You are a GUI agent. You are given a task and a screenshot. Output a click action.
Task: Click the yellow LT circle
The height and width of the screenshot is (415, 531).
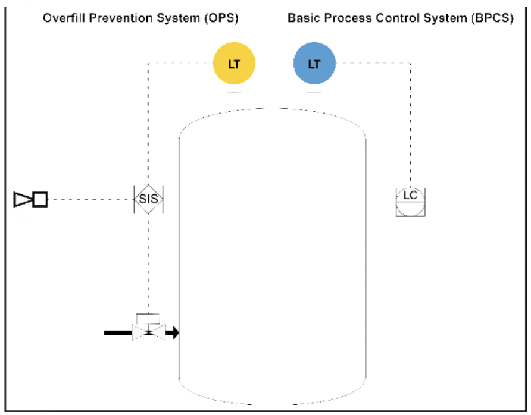[x=234, y=63]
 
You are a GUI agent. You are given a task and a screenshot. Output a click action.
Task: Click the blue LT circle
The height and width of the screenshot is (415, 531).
[x=314, y=63]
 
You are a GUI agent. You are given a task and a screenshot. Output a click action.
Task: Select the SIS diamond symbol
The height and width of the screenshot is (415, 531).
[x=148, y=199]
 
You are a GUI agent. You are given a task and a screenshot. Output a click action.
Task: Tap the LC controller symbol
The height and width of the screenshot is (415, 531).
[x=410, y=202]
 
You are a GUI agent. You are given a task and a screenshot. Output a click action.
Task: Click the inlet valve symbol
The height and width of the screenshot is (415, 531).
[x=149, y=332]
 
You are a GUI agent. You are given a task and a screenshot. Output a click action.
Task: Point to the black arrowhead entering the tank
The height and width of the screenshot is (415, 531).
[x=173, y=332]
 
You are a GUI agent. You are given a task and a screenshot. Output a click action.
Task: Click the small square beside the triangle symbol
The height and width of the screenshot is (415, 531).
[x=40, y=199]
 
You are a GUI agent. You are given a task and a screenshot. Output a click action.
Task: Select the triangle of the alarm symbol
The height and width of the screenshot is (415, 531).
[x=23, y=199]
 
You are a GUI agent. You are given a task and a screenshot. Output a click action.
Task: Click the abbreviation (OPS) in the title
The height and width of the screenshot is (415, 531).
[x=221, y=18]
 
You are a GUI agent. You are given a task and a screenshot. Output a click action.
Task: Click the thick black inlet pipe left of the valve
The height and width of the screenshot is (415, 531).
[x=118, y=333]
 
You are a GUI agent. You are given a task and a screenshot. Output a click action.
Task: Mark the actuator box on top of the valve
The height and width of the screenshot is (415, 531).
[x=148, y=319]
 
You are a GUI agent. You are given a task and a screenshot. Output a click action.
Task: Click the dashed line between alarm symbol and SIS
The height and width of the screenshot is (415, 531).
[x=90, y=199]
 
